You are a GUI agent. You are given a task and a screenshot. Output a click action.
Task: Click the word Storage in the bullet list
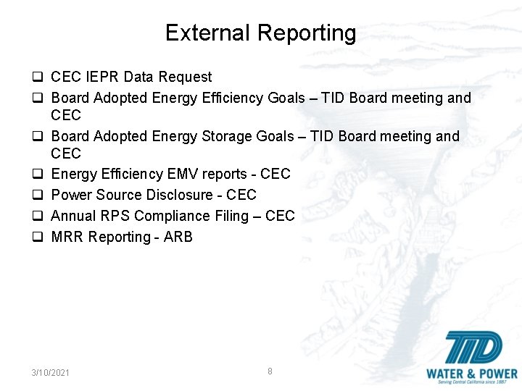pos(217,136)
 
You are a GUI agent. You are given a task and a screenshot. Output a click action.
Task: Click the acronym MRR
pos(67,237)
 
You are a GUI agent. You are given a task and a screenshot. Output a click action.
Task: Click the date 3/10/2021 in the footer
pos(51,372)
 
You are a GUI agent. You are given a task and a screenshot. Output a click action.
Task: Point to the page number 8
pos(270,371)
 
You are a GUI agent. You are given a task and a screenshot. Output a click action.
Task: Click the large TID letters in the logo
pos(472,350)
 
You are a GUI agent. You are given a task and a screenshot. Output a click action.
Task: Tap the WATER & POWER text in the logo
pos(472,374)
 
